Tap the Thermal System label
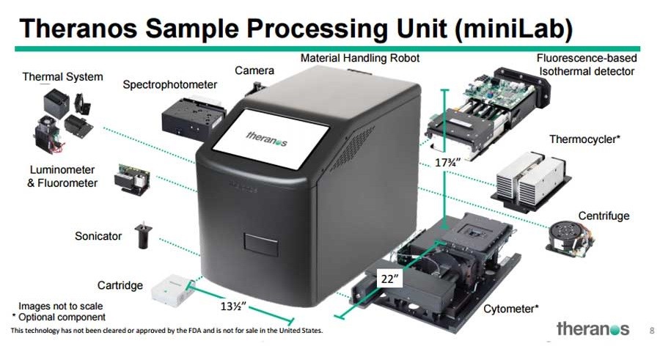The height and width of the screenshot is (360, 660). click(x=62, y=76)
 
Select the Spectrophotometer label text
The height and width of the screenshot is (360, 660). click(x=170, y=85)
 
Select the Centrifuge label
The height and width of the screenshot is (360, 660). click(x=604, y=216)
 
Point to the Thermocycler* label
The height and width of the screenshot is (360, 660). click(x=585, y=139)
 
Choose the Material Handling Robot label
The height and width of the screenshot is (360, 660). click(x=360, y=57)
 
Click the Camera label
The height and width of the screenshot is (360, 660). click(x=254, y=70)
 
